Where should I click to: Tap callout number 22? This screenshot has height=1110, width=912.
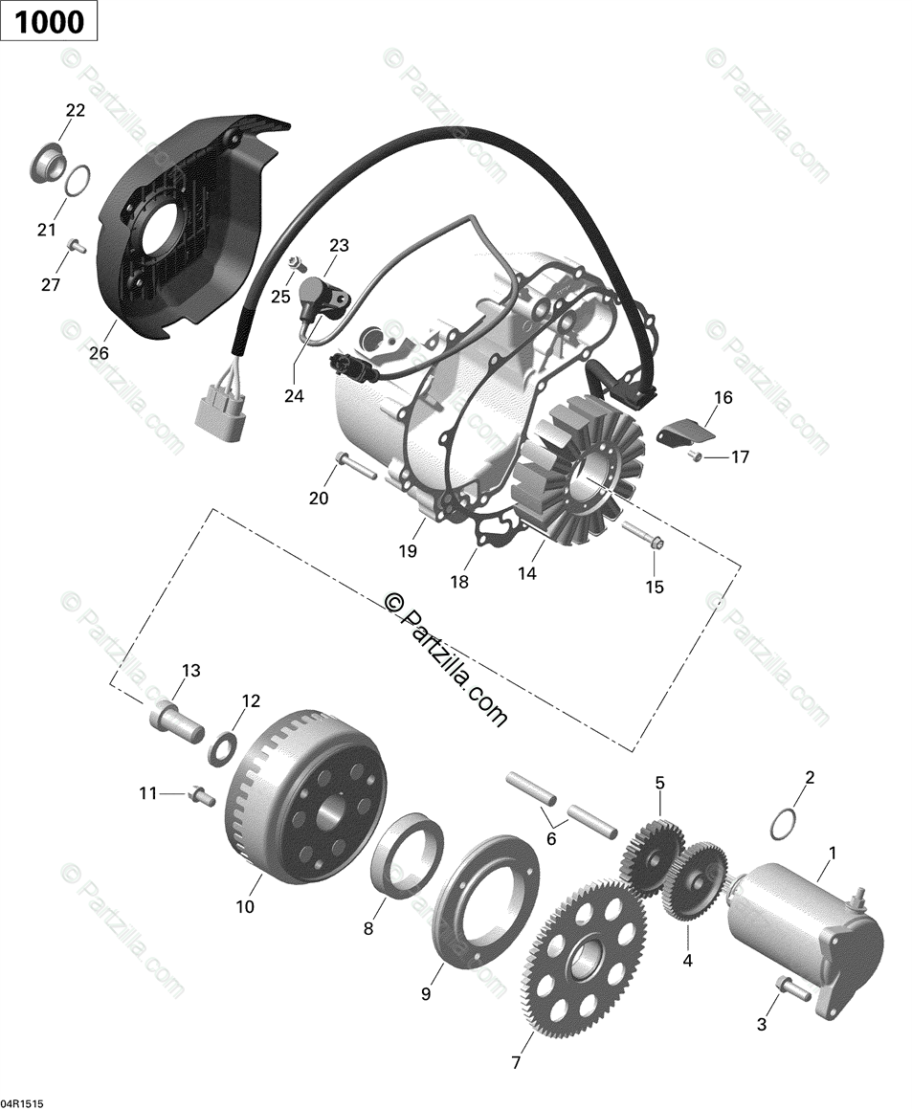[75, 111]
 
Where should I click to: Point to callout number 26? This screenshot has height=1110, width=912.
[99, 353]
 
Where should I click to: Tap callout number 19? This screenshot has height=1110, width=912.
[409, 551]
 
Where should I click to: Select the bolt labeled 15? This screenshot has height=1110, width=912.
[641, 532]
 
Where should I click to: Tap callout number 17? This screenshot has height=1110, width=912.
[740, 457]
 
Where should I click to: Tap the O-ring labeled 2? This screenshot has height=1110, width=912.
[784, 823]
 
